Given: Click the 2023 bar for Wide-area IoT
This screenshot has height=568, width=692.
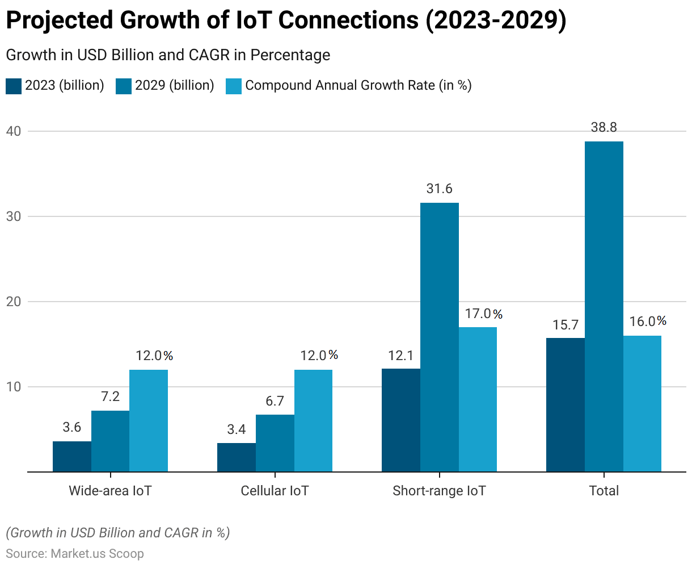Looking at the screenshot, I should pos(72,456).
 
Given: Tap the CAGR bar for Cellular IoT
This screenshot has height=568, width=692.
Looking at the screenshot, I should pos(313,420).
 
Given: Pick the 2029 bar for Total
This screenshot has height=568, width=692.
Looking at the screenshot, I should pos(604,307).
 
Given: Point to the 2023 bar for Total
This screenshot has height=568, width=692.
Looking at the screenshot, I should pos(566,404).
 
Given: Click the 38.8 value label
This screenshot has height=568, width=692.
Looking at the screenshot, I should pos(604,128).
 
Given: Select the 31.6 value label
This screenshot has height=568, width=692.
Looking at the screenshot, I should pos(440,189).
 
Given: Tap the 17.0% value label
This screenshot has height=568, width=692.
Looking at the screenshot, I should pos(483,314).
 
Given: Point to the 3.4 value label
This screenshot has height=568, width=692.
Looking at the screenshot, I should pos(237,429).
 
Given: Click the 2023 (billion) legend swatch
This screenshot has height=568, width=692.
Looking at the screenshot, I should pos(14,86).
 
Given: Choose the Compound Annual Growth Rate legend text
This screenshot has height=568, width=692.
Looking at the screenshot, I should pos(358,86).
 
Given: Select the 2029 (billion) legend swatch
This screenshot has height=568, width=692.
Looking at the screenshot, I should pos(124,86).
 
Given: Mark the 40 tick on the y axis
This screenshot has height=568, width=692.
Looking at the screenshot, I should pos(13,131).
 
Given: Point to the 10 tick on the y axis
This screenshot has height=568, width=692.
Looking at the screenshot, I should pos(13,387).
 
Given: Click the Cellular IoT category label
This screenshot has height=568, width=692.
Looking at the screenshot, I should pos(275,491).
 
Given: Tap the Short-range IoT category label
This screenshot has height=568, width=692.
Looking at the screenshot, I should pos(439,491).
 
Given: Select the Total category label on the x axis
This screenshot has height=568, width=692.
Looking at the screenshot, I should pos(604,491).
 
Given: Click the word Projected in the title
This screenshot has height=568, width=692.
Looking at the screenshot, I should pos(60,21).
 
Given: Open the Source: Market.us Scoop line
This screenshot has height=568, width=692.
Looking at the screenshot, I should pos(75,554).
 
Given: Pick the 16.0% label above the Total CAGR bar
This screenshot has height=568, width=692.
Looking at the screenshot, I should pos(648,321).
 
